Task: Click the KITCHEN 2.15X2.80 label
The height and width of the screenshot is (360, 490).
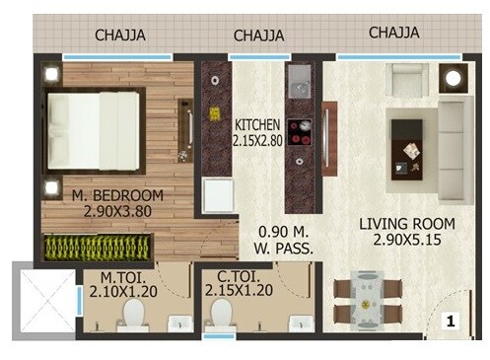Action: pyautogui.click(x=258, y=134)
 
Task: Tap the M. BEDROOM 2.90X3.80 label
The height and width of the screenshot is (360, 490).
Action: pyautogui.click(x=117, y=205)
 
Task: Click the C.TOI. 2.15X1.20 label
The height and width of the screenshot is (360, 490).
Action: pyautogui.click(x=238, y=285)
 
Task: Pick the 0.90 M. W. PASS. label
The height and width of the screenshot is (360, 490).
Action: pyautogui.click(x=280, y=242)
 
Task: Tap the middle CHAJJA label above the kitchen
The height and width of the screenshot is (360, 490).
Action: pyautogui.click(x=258, y=36)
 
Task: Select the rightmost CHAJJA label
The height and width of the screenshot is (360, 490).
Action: pyautogui.click(x=393, y=33)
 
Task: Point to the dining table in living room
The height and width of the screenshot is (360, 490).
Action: pyautogui.click(x=367, y=300)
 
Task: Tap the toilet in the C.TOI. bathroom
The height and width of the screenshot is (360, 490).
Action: pyautogui.click(x=221, y=317)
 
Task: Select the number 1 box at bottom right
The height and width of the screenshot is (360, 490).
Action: pyautogui.click(x=450, y=321)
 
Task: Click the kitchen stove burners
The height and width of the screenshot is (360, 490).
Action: pyautogui.click(x=299, y=134)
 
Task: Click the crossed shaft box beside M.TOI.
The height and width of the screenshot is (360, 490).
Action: pyautogui.click(x=41, y=301)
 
